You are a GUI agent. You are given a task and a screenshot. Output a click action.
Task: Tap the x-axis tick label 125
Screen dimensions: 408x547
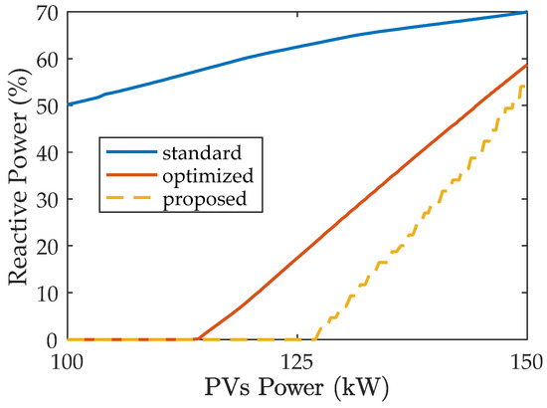(x=296, y=359)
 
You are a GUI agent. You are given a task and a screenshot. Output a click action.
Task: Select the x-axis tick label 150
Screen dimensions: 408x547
(x=525, y=359)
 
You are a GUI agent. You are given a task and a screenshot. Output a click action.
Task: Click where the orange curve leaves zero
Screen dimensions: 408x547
(x=197, y=339)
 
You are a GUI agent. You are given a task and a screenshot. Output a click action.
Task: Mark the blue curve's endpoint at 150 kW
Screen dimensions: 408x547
(x=525, y=13)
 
